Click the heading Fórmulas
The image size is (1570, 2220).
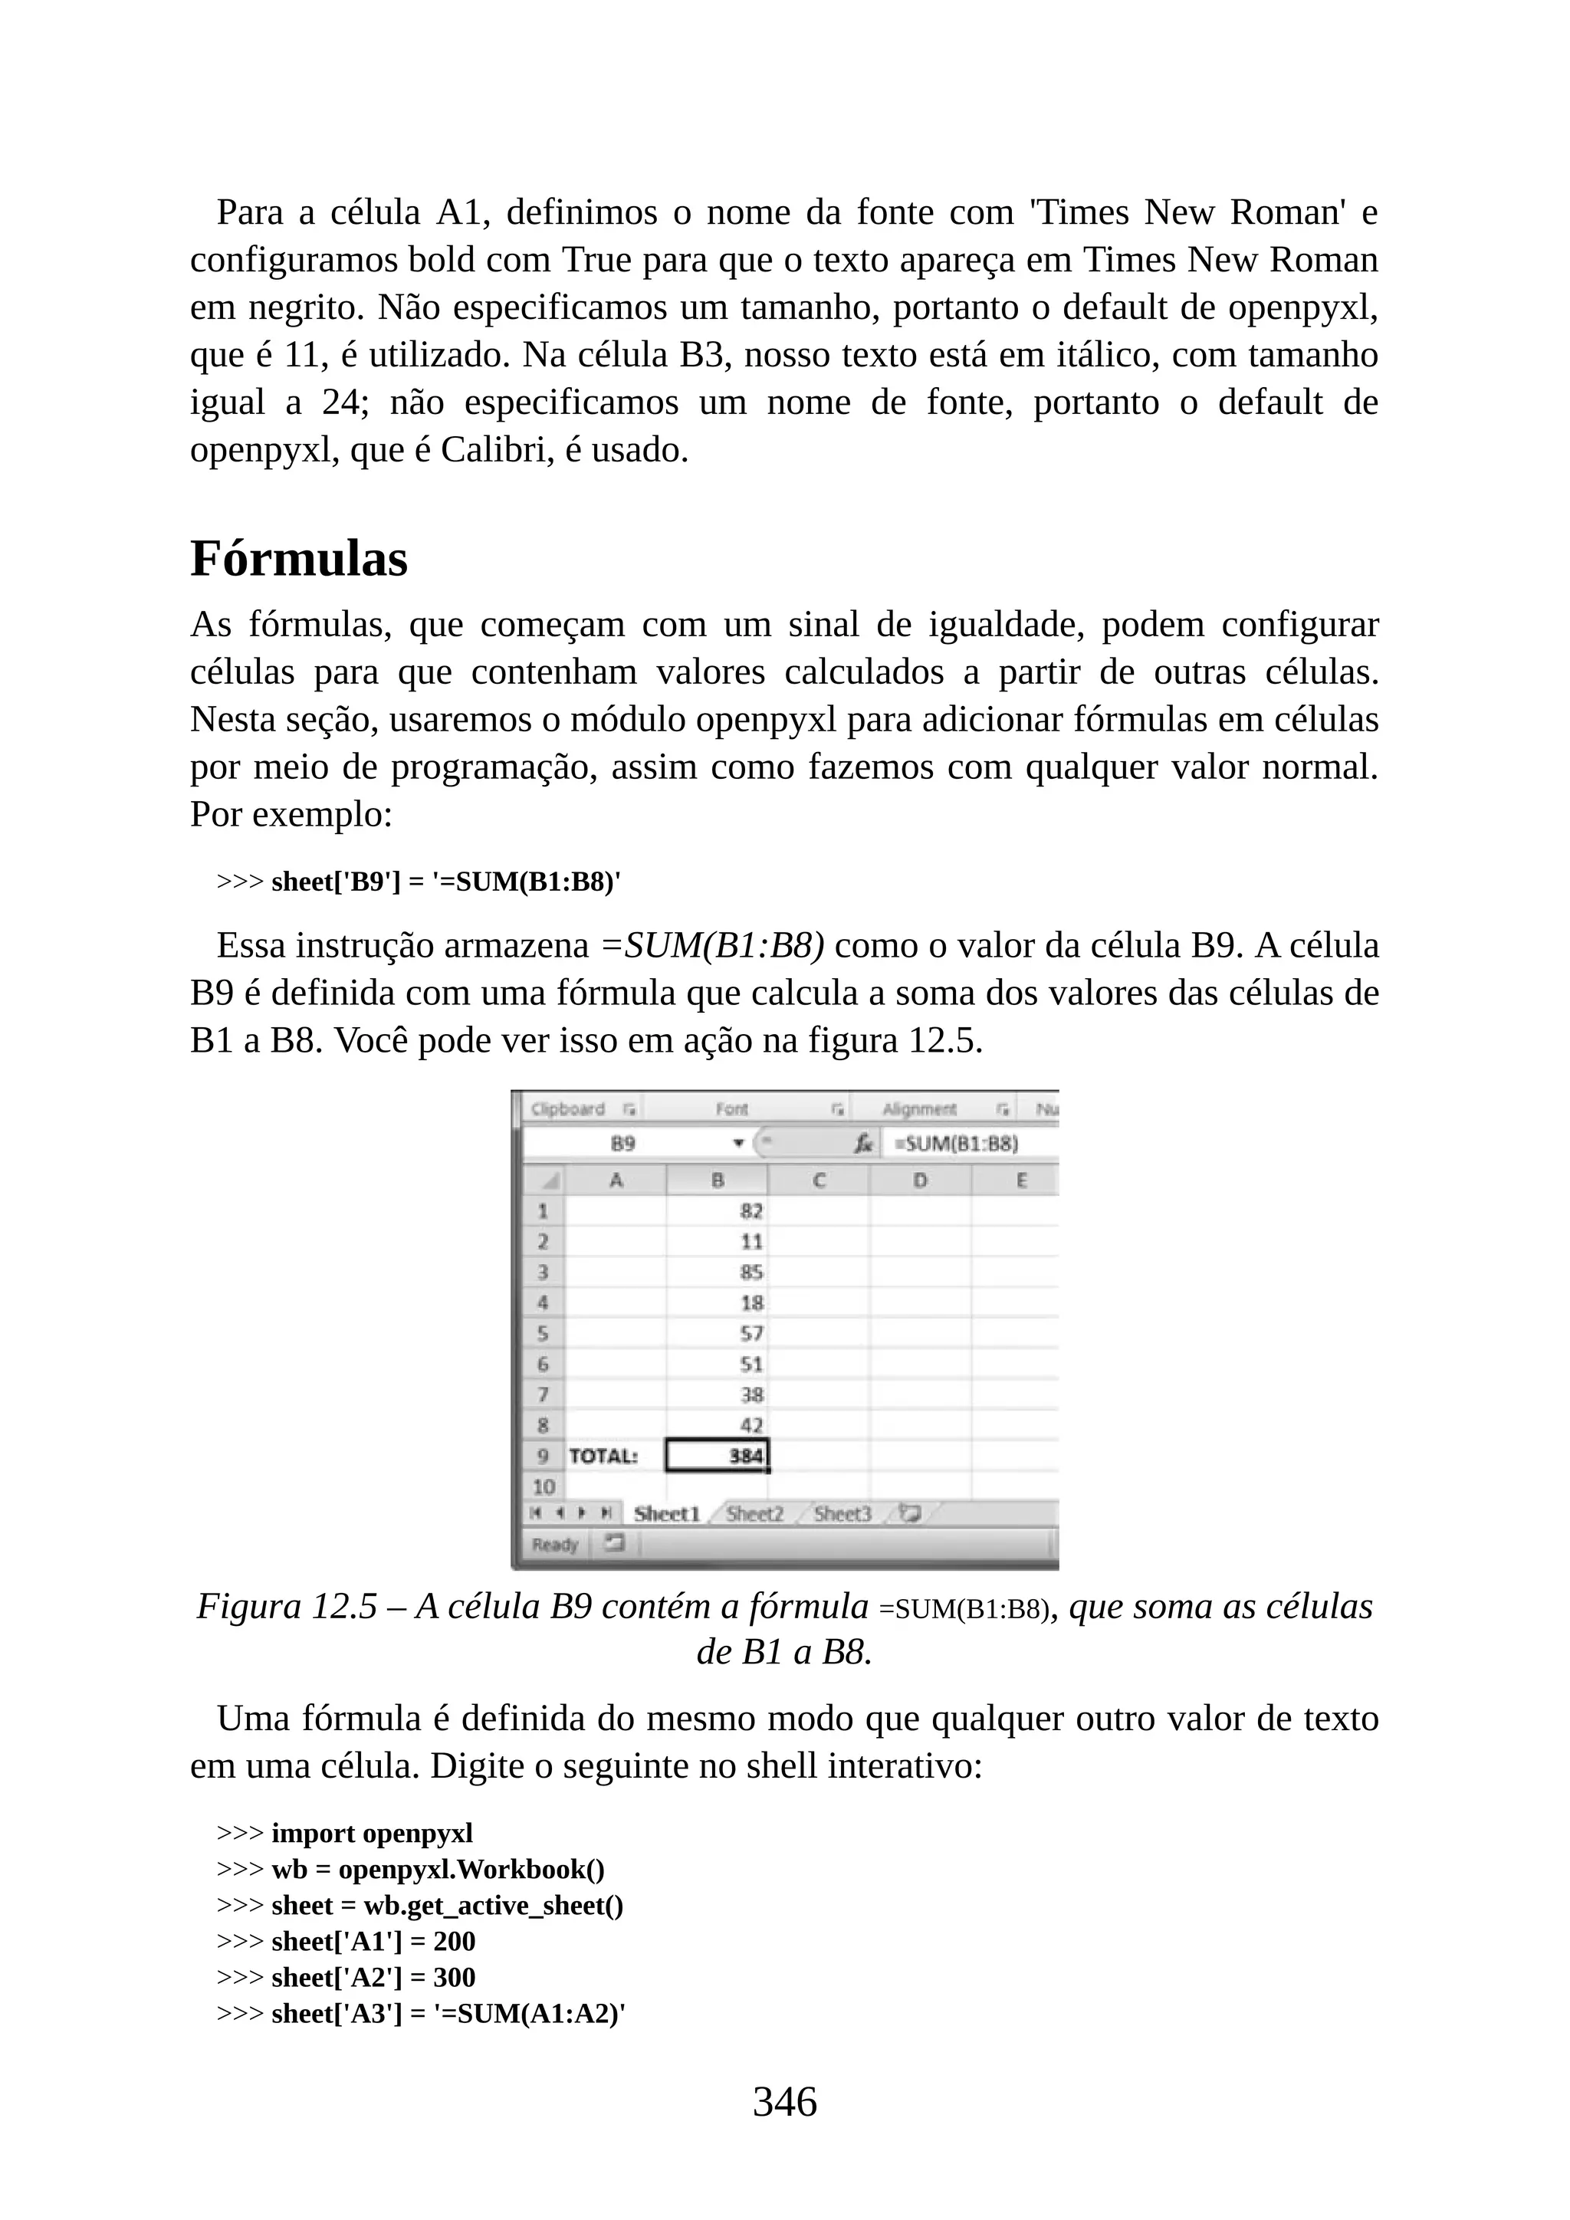click(299, 559)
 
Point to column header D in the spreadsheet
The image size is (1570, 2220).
click(919, 1180)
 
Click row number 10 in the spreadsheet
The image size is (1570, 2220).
click(544, 1486)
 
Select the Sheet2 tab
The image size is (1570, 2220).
click(754, 1514)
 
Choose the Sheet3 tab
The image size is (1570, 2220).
click(842, 1514)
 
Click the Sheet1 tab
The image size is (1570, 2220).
click(666, 1514)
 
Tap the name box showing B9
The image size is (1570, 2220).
click(623, 1144)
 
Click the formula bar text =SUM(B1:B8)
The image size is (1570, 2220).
click(955, 1144)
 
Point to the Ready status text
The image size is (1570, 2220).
click(555, 1544)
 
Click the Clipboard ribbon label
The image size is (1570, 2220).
click(569, 1109)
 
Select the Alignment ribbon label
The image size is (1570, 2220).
click(919, 1109)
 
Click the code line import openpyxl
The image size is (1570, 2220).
click(373, 1833)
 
